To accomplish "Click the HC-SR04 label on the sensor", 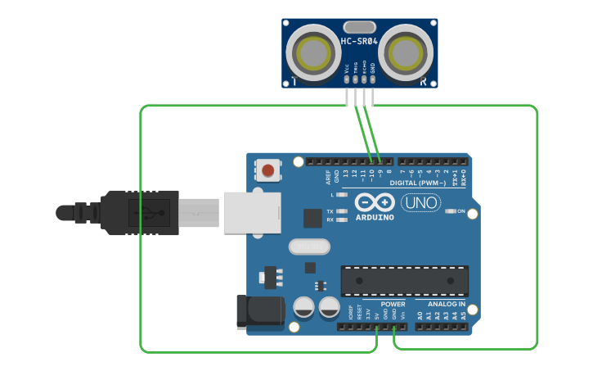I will (x=359, y=41).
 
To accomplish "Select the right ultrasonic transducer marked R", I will (x=406, y=54).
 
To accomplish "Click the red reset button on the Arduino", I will (x=267, y=170).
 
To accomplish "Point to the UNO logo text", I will (x=421, y=202).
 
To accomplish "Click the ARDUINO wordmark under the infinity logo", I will (x=375, y=217).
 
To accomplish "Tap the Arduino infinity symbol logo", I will (x=375, y=201).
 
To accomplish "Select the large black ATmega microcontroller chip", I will (x=405, y=280).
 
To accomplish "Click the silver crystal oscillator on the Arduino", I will (x=308, y=246).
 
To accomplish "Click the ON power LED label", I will (x=460, y=211).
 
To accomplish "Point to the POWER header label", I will (x=393, y=304).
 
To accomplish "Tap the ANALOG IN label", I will (x=447, y=304).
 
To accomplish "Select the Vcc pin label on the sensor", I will (x=347, y=69).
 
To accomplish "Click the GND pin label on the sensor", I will (x=373, y=69).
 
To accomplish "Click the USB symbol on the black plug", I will (x=147, y=213).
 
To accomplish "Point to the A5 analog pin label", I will (x=463, y=314).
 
